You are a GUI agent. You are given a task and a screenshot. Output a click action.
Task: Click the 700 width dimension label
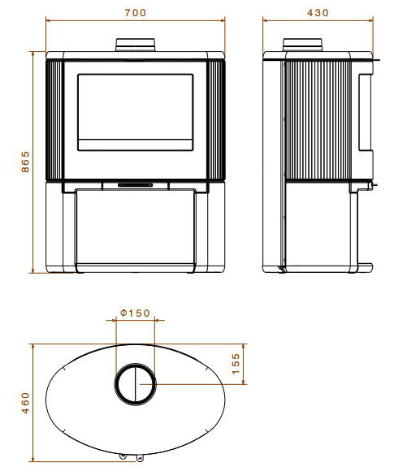point(135,13)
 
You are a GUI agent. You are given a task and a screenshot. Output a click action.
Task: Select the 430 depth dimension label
point(318,13)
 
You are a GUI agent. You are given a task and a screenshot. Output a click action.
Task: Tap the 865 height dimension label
point(25,162)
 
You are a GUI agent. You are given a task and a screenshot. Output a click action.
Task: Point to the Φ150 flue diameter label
point(135,313)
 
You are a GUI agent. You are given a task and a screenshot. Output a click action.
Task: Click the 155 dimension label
point(236,364)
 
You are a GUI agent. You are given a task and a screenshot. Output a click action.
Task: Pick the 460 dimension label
point(25,403)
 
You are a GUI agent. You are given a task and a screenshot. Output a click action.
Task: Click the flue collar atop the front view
point(136,45)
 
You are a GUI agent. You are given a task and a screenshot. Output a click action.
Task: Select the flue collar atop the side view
point(303,45)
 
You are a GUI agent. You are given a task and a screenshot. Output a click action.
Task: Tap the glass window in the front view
point(135,112)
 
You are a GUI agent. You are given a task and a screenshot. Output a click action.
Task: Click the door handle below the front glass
point(135,185)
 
